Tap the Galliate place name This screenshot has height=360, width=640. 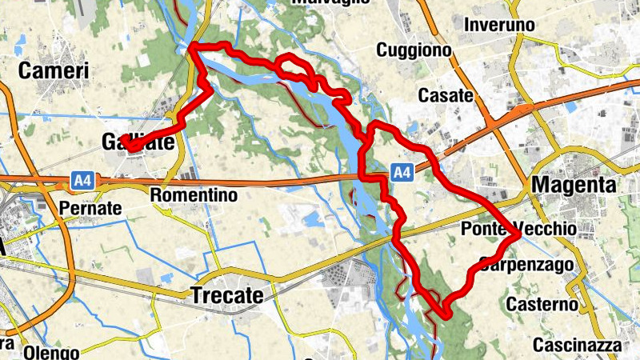pos(138,142)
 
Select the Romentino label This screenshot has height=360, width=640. pos(195,194)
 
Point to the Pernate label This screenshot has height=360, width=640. pos(90,209)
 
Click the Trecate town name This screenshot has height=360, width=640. pos(227,296)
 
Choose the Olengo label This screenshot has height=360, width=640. pos(51,353)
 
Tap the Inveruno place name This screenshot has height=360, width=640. pos(499,25)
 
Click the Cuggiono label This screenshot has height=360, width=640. pos(412,50)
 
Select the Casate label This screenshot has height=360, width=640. pos(446,95)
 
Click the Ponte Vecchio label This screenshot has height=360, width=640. pos(518,230)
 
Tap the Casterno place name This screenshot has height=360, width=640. pos(542,305)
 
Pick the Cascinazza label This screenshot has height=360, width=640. pos(577,346)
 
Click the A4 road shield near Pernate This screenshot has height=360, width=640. pos(82,182)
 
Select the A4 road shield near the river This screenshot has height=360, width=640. pos(402,170)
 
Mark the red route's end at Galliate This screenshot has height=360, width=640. pos(127,146)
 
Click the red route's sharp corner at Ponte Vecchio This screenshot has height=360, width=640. pos(519,235)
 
